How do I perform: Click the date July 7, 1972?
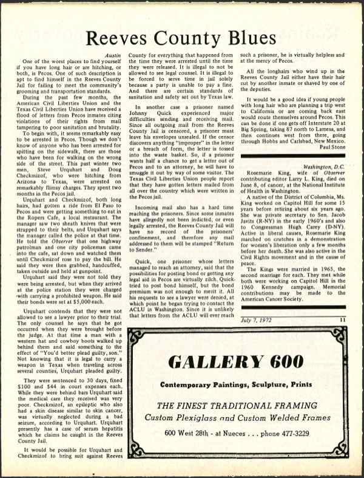256,318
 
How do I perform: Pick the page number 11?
342,318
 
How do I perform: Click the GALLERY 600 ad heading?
238,363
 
